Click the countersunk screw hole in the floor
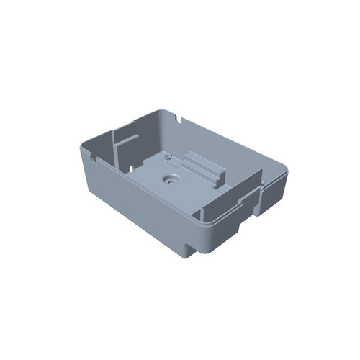(171, 179)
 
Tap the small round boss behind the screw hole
(166, 156)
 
